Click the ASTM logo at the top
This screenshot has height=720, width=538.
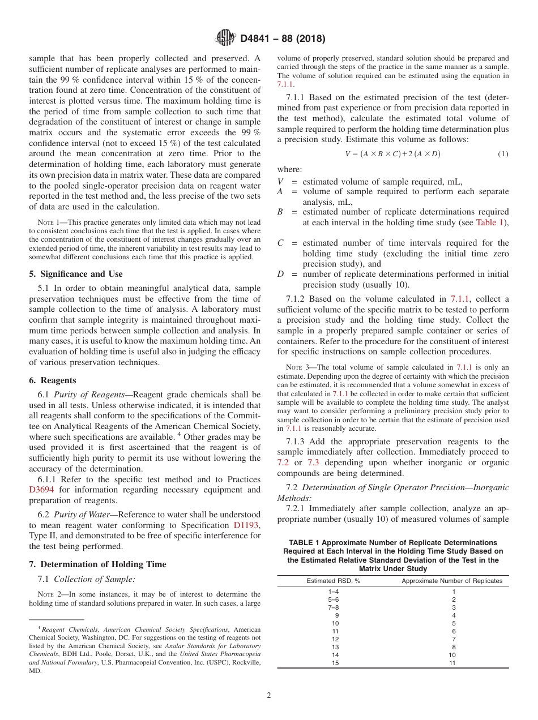(226, 38)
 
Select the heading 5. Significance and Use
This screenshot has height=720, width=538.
(75, 274)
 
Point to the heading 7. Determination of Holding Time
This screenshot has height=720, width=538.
(97, 564)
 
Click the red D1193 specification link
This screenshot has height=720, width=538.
(246, 526)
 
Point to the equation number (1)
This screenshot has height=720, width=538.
(503, 154)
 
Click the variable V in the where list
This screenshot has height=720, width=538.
(280, 182)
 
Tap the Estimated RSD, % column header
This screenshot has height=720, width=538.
(334, 581)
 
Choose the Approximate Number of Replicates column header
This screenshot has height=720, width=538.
(452, 581)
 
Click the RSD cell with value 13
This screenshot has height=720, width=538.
(336, 647)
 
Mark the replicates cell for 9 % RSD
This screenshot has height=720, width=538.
(453, 615)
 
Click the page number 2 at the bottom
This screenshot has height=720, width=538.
(269, 696)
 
